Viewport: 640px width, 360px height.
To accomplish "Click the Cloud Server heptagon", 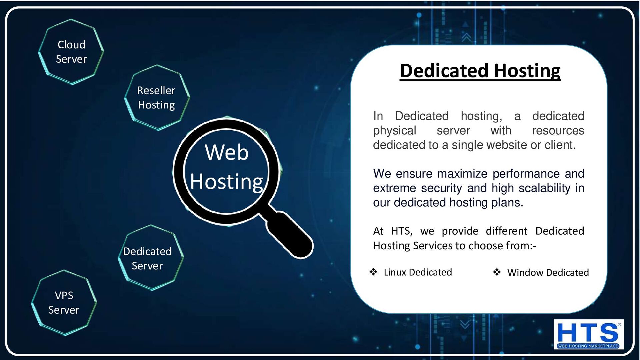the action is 71,52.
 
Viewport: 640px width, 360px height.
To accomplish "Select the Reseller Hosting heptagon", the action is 157,97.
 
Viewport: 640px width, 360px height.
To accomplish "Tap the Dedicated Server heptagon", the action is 150,258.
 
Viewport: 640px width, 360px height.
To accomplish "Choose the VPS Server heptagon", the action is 64,303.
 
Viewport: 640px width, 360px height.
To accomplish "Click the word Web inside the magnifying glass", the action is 227,152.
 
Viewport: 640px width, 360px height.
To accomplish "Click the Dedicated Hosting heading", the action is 480,71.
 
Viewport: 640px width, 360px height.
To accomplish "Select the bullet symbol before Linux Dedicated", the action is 373,272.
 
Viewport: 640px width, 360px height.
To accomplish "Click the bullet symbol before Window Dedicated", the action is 497,272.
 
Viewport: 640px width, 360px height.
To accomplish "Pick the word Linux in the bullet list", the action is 395,272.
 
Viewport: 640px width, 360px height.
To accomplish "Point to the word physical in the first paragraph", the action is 394,131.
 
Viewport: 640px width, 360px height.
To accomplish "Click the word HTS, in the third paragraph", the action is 402,231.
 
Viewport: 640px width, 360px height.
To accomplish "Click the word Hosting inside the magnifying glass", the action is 227,182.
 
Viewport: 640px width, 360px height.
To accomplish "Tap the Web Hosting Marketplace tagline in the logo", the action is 588,346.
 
